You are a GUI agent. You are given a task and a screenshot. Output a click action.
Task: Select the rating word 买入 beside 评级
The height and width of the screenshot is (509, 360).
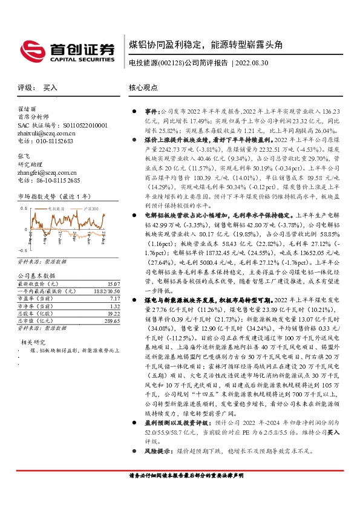point(50,88)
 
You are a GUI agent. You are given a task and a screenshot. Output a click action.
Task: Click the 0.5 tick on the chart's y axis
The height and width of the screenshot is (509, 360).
point(24,208)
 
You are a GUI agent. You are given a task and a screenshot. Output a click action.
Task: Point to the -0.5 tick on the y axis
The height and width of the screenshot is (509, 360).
point(22,250)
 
